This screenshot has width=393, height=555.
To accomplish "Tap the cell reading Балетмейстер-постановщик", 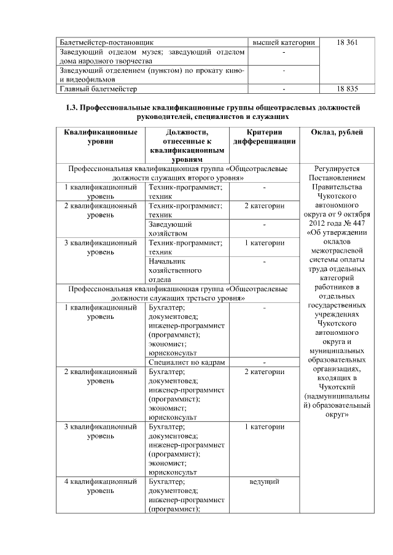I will (x=102, y=42).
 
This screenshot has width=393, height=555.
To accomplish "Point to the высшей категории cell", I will (x=284, y=42).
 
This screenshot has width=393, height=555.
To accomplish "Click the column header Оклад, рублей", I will (x=337, y=132).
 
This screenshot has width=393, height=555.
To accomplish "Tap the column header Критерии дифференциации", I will (x=264, y=137).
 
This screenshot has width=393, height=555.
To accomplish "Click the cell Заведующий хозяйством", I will (x=170, y=229).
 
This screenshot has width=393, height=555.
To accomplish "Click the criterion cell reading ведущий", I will (x=264, y=481).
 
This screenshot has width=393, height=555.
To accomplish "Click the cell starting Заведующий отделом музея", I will (x=152, y=56).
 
